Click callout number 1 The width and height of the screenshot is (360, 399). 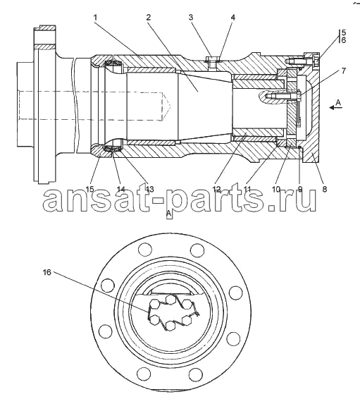tap(95, 18)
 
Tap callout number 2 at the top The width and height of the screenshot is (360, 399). tap(148, 18)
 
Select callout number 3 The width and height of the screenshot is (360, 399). tap(191, 18)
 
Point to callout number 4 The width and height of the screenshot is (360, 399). tap(233, 18)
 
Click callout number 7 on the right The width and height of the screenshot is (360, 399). tap(344, 70)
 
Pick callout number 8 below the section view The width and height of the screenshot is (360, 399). tap(324, 189)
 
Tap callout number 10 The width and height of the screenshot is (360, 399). tap(276, 189)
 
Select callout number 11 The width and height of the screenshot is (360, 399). tap(247, 189)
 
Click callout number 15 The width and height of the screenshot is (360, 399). tap(89, 189)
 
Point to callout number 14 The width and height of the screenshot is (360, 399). tap(121, 189)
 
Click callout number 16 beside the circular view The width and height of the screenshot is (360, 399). tap(47, 272)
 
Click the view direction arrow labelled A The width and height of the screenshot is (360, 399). tap(335, 108)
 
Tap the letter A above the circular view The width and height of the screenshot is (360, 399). tap(169, 214)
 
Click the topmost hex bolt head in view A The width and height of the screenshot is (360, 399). tap(170, 299)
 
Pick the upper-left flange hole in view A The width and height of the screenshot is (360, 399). tap(144, 250)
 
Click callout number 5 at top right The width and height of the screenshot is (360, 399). tap(344, 32)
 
